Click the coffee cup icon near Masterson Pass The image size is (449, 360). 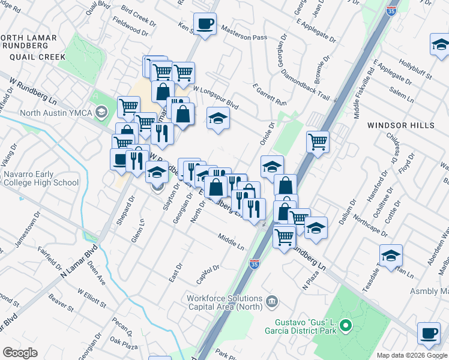click(205, 25)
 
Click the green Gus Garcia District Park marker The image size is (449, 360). click(345, 326)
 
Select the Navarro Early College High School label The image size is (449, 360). click(41, 179)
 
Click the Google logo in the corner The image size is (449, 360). click(20, 352)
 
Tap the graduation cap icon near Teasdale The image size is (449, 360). click(391, 256)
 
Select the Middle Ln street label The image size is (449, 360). click(231, 242)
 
